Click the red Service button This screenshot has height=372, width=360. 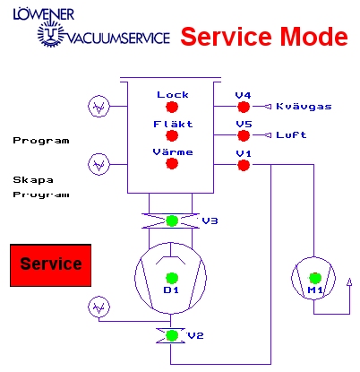(51, 265)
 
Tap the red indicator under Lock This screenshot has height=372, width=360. (172, 107)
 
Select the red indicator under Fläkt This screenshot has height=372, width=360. (172, 135)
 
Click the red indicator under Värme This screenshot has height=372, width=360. (172, 163)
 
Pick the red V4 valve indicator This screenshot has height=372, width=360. (244, 107)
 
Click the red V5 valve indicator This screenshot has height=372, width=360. (244, 135)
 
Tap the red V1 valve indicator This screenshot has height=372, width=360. (244, 165)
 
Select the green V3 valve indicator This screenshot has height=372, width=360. (172, 221)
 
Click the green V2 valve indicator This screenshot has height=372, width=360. (172, 335)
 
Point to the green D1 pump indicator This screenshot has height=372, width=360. (172, 278)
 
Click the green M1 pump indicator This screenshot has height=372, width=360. (315, 278)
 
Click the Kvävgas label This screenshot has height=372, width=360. (304, 107)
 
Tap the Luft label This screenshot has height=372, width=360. (291, 135)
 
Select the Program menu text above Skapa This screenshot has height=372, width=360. (41, 141)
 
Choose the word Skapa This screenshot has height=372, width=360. (33, 180)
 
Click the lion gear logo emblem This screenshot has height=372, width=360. (51, 33)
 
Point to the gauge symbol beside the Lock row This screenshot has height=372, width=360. (99, 106)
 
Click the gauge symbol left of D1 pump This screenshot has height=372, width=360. (99, 307)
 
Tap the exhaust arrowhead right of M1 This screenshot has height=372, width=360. (349, 282)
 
